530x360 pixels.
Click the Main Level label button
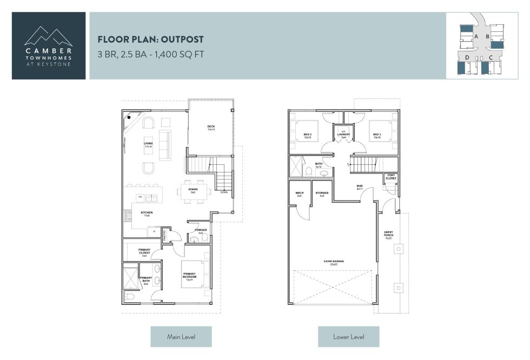pyautogui.click(x=181, y=337)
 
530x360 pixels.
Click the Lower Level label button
pyautogui.click(x=348, y=337)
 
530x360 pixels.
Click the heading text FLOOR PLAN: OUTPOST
pyautogui.click(x=150, y=40)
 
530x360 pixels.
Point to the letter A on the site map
pyautogui.click(x=475, y=36)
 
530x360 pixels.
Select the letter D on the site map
pyautogui.click(x=467, y=57)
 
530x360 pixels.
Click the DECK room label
pyautogui.click(x=211, y=128)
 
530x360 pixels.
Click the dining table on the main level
pyautogui.click(x=193, y=191)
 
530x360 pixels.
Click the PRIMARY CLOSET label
pyautogui.click(x=144, y=251)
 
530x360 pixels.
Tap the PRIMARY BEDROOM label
pyautogui.click(x=189, y=276)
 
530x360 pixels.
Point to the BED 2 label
pyautogui.click(x=308, y=136)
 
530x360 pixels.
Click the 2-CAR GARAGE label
pyautogui.click(x=331, y=263)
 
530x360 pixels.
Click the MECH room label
pyautogui.click(x=299, y=194)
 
